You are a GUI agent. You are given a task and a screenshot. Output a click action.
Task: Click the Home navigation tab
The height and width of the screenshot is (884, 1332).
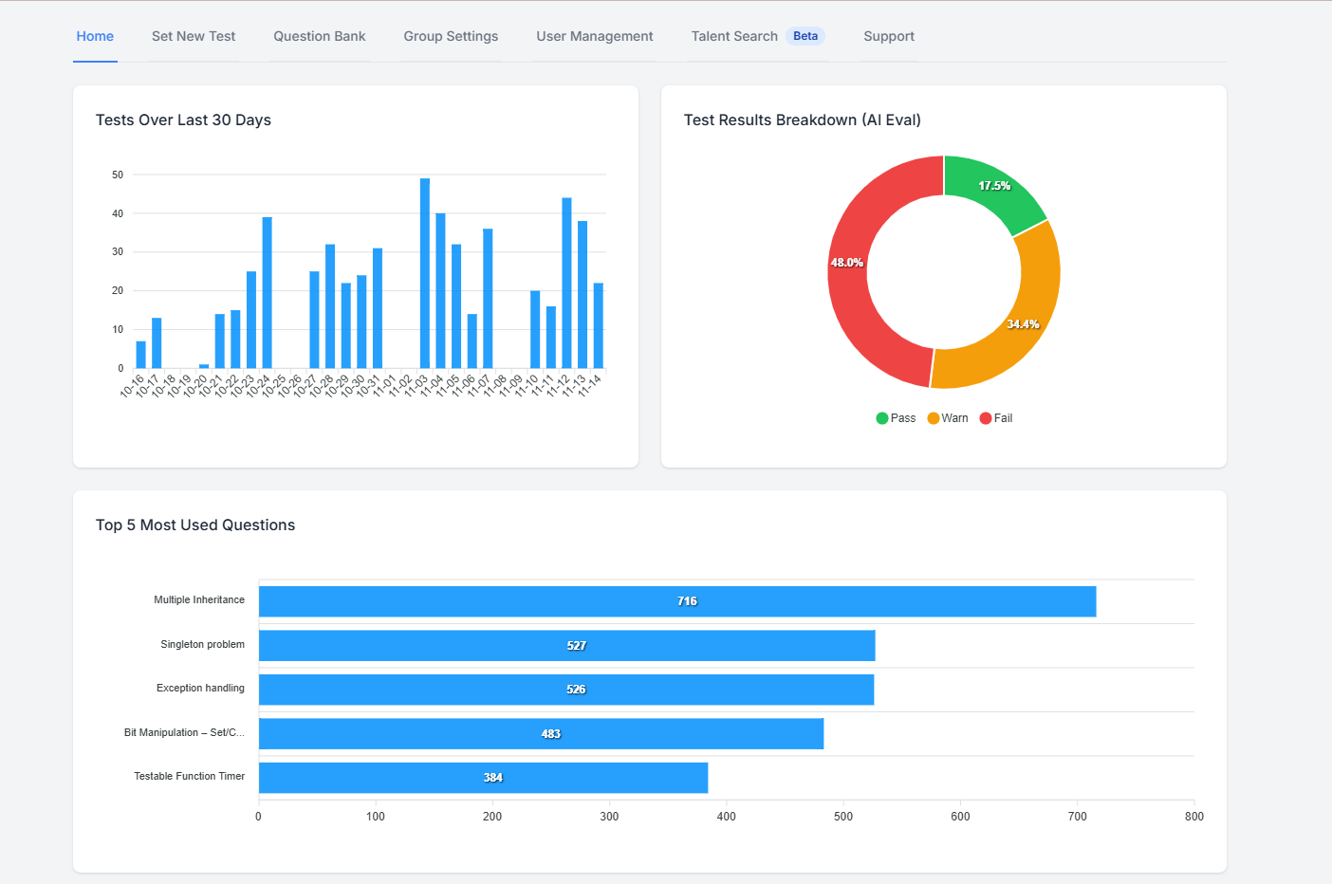coord(95,36)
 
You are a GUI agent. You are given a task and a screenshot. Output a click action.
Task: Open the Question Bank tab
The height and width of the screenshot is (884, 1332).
coord(319,36)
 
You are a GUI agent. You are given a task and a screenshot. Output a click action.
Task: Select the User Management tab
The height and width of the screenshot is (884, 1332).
coord(594,36)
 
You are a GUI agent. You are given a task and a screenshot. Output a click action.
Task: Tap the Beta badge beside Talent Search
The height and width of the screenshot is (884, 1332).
coord(805,36)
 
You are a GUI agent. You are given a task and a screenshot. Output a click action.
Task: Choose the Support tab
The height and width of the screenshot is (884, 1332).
coord(888,36)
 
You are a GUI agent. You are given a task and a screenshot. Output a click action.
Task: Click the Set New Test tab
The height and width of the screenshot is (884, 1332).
coord(194,36)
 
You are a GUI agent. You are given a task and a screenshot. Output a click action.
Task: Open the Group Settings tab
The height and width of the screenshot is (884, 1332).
coord(451,36)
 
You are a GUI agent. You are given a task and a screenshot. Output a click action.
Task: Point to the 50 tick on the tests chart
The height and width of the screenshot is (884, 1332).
coord(118,175)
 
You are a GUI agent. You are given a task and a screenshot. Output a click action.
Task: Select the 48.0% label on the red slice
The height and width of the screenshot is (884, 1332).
coord(846,263)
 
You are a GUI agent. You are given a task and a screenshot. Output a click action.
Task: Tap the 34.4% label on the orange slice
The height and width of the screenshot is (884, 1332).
coord(1023,324)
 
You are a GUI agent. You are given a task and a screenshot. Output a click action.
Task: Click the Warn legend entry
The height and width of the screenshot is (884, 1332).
coord(948,418)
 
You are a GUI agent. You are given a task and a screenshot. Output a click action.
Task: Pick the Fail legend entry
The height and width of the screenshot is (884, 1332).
coord(996,418)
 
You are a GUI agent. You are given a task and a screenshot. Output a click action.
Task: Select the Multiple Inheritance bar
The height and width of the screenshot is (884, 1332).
coord(676,601)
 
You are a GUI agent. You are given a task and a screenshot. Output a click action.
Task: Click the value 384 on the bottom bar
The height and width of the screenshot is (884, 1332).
coord(493,778)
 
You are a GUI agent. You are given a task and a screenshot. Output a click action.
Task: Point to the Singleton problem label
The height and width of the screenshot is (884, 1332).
coord(202,644)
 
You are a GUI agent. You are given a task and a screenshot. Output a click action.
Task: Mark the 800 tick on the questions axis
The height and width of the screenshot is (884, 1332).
coord(1193,817)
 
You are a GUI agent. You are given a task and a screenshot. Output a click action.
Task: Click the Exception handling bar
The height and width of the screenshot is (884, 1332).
coord(565,690)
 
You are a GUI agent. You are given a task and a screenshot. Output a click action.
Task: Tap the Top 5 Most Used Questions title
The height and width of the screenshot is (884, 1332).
coord(195,525)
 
